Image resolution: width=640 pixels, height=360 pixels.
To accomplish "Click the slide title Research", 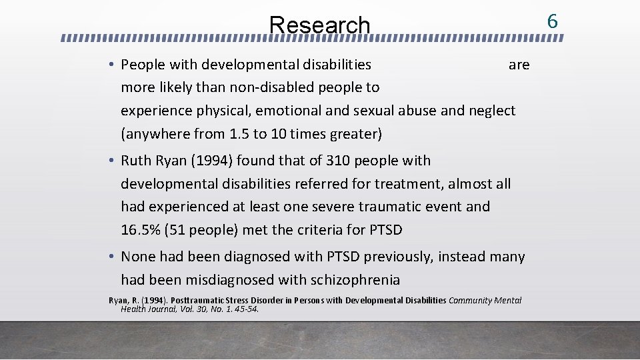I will coord(319,25).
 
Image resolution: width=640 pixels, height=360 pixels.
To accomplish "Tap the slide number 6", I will coord(552,21).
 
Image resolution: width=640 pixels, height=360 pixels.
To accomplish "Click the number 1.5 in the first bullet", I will coord(239,134).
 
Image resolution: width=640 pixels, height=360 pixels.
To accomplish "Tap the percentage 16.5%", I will coord(141,231).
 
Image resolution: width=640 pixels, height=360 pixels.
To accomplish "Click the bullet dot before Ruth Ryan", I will coord(113,161).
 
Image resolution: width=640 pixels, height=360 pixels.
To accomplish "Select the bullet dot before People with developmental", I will coord(113,65).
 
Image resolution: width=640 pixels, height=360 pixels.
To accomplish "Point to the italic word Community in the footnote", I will coord(470,300).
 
